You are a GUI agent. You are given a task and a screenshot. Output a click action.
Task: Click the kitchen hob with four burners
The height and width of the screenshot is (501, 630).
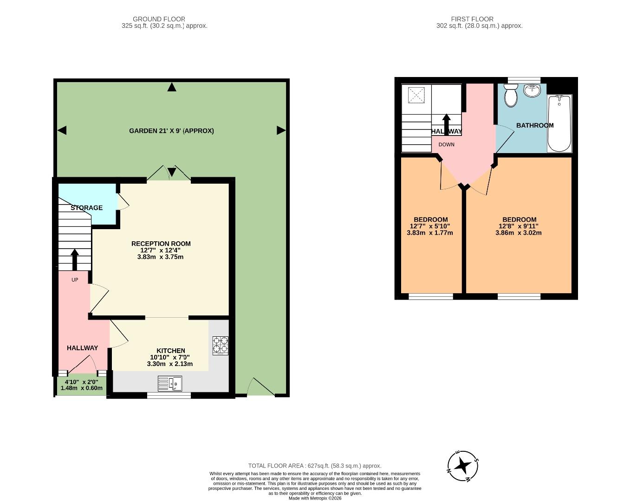(221, 345)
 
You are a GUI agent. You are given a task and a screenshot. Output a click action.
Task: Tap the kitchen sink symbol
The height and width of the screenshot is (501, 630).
(170, 384)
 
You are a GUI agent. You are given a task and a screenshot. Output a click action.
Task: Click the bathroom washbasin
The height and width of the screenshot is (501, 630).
(532, 90)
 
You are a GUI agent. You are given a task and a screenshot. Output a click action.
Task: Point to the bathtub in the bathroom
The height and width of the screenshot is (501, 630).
(559, 123)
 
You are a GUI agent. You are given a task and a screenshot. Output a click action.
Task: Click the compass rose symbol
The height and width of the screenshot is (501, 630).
(463, 465)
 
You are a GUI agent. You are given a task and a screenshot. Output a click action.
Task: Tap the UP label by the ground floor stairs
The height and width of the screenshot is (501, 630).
(75, 280)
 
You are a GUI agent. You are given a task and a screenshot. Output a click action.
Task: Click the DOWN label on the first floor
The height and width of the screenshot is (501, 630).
(446, 145)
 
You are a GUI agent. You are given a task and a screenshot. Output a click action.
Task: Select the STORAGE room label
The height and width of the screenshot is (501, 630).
(87, 208)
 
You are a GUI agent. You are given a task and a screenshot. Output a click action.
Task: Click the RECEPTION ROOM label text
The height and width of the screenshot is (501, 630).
(161, 244)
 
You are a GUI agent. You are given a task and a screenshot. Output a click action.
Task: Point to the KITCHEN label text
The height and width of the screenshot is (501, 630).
(170, 351)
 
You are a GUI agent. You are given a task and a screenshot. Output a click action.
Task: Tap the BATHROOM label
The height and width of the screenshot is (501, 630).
(535, 125)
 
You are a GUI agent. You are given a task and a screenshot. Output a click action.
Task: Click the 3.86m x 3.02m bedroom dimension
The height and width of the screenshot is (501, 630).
(518, 233)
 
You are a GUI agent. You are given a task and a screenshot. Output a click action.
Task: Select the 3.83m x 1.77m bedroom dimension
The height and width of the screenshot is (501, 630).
(429, 233)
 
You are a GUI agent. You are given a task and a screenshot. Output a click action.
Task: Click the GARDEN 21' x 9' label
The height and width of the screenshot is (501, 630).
(171, 131)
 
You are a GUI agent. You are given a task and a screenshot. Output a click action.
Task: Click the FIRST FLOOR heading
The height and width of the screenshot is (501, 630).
(472, 19)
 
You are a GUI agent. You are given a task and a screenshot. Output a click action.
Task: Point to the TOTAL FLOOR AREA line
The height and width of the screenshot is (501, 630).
(314, 466)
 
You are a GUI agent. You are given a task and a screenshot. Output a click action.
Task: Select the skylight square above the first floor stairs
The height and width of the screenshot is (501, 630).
(416, 95)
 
